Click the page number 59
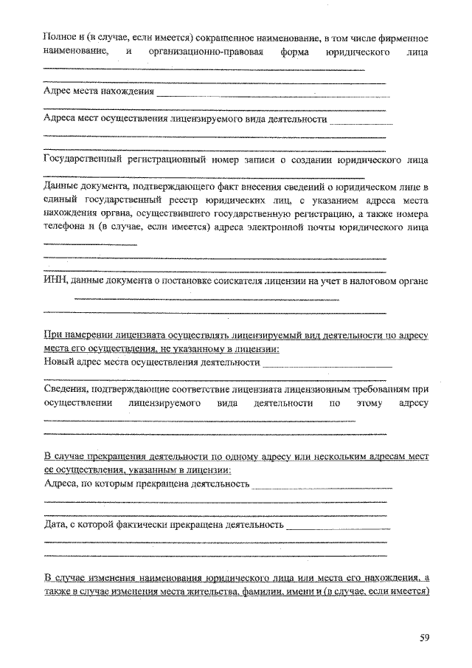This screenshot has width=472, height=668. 424,637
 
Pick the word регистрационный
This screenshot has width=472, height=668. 195,159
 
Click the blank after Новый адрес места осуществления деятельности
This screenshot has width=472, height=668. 327,365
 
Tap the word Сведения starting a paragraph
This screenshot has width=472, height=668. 66,388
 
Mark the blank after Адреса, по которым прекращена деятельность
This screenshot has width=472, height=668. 322,487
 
